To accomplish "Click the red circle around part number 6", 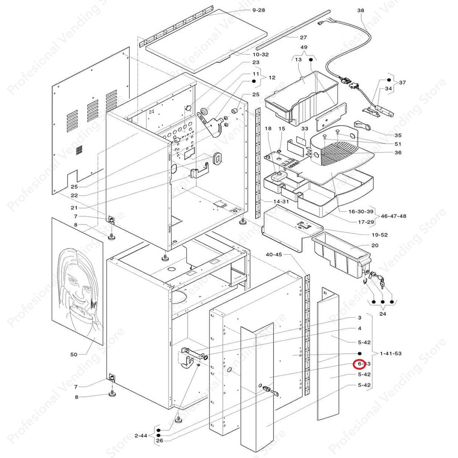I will tap(360, 364).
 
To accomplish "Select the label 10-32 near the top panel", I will tap(261, 54).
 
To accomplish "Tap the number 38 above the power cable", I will tap(361, 10).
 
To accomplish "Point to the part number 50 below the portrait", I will tap(74, 354).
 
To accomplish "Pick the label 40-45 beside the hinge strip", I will tap(274, 254).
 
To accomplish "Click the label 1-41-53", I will tap(391, 353).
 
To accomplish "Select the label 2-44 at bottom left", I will tap(141, 436).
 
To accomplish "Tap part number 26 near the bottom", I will tap(159, 441).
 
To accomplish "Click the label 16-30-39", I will tap(361, 211).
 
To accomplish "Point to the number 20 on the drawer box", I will tap(374, 246).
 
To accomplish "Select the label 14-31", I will tap(281, 201).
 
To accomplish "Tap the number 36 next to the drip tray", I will tap(398, 153).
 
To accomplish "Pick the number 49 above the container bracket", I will tap(304, 47).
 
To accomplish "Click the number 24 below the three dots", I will tap(383, 314).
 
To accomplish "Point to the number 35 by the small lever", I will tap(398, 135).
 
